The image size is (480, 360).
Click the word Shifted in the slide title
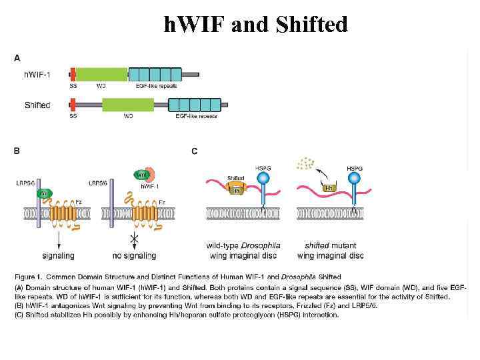315,25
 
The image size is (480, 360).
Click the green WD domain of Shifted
127,105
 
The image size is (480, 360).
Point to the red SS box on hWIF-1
73,74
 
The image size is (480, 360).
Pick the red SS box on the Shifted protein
73,105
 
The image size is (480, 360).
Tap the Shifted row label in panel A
37,105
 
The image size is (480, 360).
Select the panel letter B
17,151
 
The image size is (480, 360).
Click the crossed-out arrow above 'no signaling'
135,239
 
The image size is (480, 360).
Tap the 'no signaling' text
135,255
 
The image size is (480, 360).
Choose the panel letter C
195,151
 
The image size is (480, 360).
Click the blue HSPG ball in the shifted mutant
353,179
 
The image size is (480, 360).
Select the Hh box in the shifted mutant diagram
329,189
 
